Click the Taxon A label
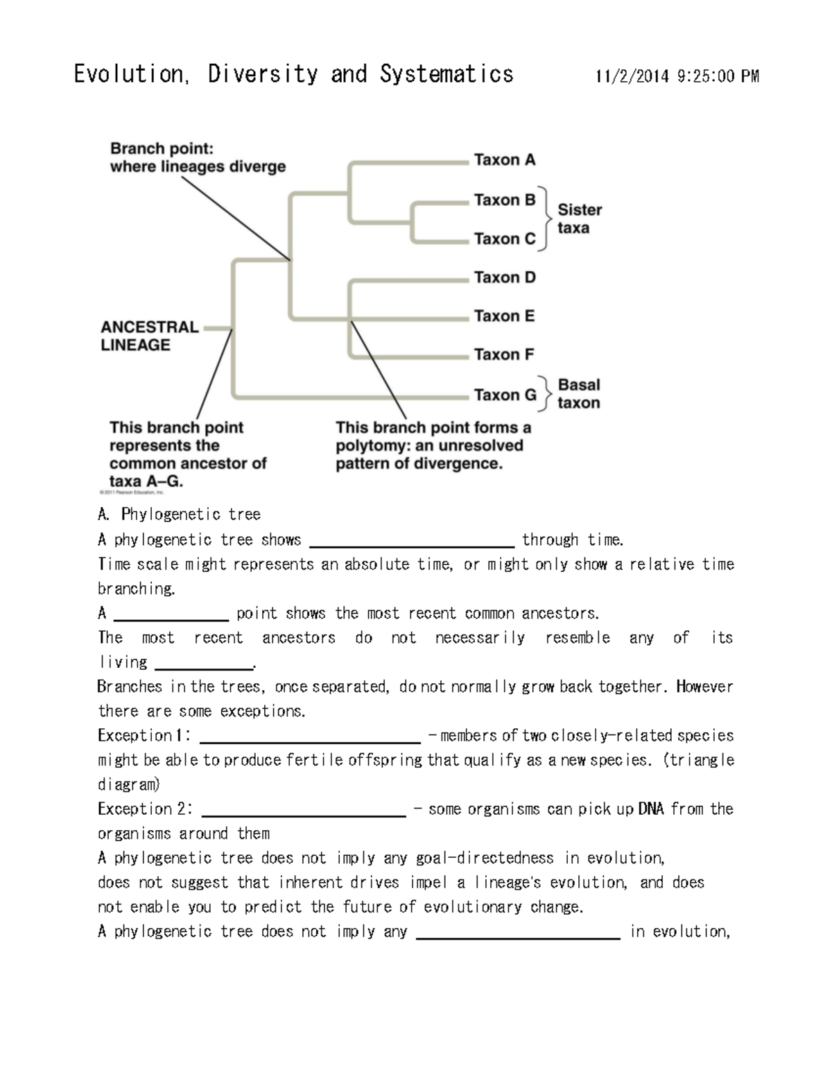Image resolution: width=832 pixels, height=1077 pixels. coord(505,160)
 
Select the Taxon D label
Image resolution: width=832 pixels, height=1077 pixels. coord(505,277)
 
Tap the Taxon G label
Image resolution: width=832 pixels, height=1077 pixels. coord(505,395)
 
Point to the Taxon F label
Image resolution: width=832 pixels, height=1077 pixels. coord(504,354)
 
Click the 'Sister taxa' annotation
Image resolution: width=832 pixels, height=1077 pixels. coord(580,218)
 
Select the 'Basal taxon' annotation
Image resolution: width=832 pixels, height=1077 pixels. coord(579,394)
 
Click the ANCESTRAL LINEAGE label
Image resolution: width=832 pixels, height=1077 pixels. coord(150,336)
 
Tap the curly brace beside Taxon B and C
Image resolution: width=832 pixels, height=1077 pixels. coord(548,218)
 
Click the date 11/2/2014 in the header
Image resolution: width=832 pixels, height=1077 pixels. coord(632,76)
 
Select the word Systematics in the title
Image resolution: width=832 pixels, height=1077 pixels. coord(447,74)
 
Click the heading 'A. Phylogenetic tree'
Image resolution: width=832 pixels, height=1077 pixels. coord(179,515)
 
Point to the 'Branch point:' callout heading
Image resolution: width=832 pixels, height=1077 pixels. coord(162,148)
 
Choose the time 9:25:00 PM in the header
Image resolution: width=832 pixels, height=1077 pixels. coord(718,76)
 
